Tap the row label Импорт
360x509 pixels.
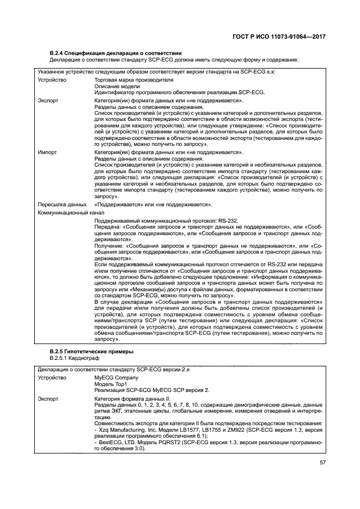[47, 154]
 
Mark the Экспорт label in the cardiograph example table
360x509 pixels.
[48, 399]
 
